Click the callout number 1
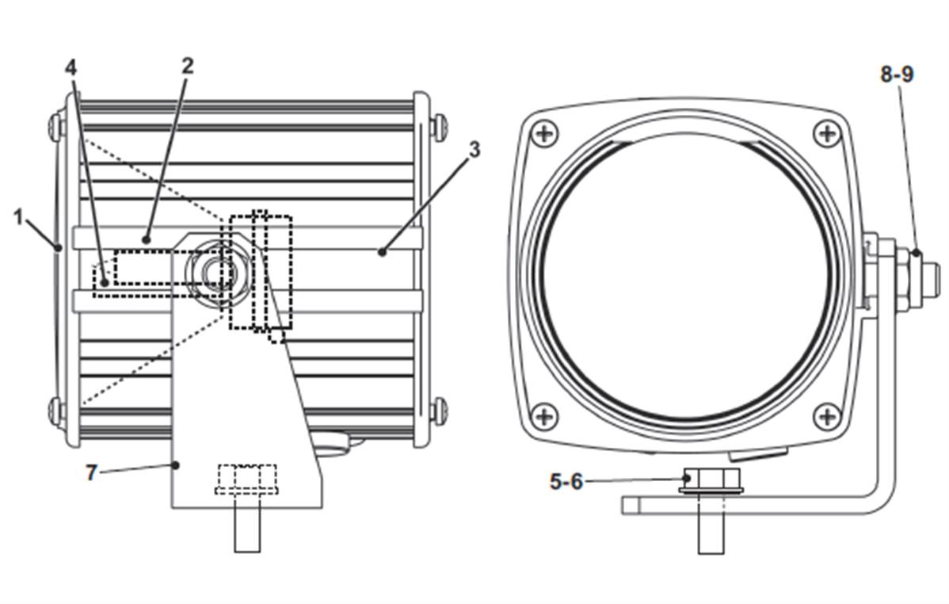19,217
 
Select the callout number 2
188,66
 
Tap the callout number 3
475,149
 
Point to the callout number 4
71,68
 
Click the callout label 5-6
566,482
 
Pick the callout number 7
91,472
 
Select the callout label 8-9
897,74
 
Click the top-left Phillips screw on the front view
545,132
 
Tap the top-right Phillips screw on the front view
827,132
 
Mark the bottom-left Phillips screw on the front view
545,415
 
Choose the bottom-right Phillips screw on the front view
827,415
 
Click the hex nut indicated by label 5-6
711,480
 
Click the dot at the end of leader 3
382,252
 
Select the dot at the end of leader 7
176,464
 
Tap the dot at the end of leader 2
146,240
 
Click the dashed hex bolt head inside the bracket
246,479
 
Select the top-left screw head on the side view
57,126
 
